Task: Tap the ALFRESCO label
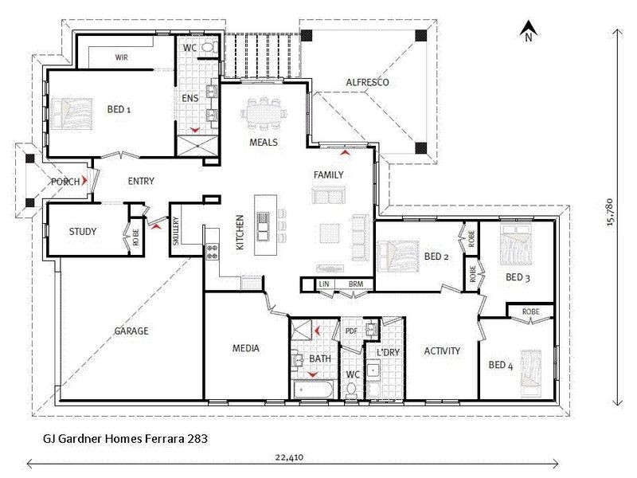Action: click(x=367, y=82)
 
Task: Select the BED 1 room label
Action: click(x=119, y=109)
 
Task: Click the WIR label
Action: click(x=122, y=57)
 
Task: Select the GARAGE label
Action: click(x=131, y=331)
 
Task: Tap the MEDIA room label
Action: click(x=246, y=348)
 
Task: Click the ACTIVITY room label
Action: click(x=442, y=351)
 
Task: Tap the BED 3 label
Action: click(x=518, y=277)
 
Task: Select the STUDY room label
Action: click(x=82, y=232)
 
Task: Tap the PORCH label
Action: click(x=65, y=182)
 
